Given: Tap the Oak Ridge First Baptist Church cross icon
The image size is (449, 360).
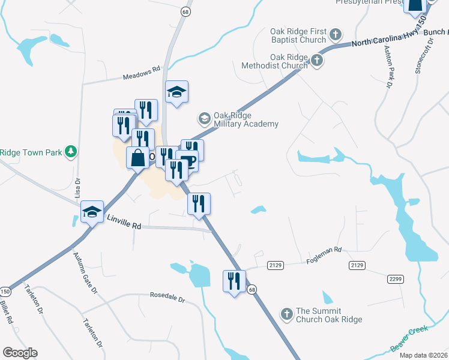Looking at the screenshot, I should [x=336, y=34].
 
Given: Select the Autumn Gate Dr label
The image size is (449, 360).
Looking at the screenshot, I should [x=85, y=274].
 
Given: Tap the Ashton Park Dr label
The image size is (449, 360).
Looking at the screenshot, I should [x=386, y=67].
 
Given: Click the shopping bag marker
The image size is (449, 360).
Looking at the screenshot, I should [x=137, y=158].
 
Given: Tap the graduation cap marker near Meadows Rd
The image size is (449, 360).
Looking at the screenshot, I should [x=176, y=92].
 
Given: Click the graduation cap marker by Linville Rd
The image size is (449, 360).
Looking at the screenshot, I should [x=92, y=211].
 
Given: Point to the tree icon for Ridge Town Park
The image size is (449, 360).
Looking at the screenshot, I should [x=71, y=151].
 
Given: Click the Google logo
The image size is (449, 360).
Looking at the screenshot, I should [x=20, y=353].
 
